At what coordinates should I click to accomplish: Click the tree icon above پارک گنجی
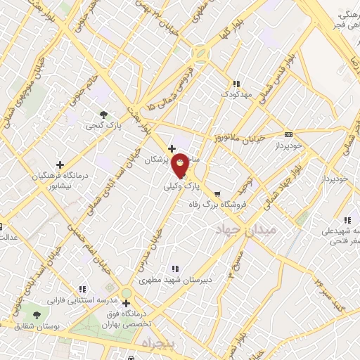click(x=104, y=114)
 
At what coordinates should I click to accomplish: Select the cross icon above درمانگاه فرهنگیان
click(x=60, y=165)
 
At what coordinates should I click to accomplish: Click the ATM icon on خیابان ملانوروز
click(x=288, y=134)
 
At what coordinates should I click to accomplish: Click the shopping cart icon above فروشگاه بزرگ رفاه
click(x=217, y=193)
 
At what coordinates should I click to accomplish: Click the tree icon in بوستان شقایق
click(x=37, y=314)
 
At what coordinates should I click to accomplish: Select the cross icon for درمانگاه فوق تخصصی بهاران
click(x=126, y=303)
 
